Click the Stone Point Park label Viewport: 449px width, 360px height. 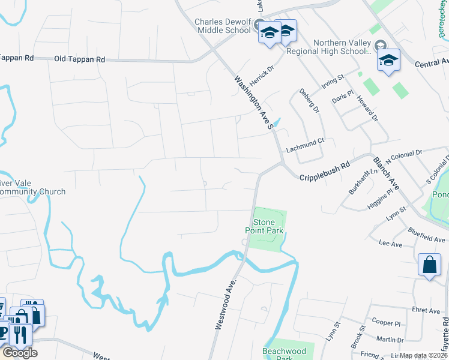pyautogui.click(x=260, y=226)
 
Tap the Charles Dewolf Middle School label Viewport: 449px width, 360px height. pyautogui.click(x=222, y=26)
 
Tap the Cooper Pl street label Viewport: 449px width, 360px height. pyautogui.click(x=386, y=322)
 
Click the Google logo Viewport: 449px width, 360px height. pyautogui.click(x=20, y=352)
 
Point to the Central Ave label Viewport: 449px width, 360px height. pyautogui.click(x=432, y=62)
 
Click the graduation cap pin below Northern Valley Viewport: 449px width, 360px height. pyautogui.click(x=388, y=61)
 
